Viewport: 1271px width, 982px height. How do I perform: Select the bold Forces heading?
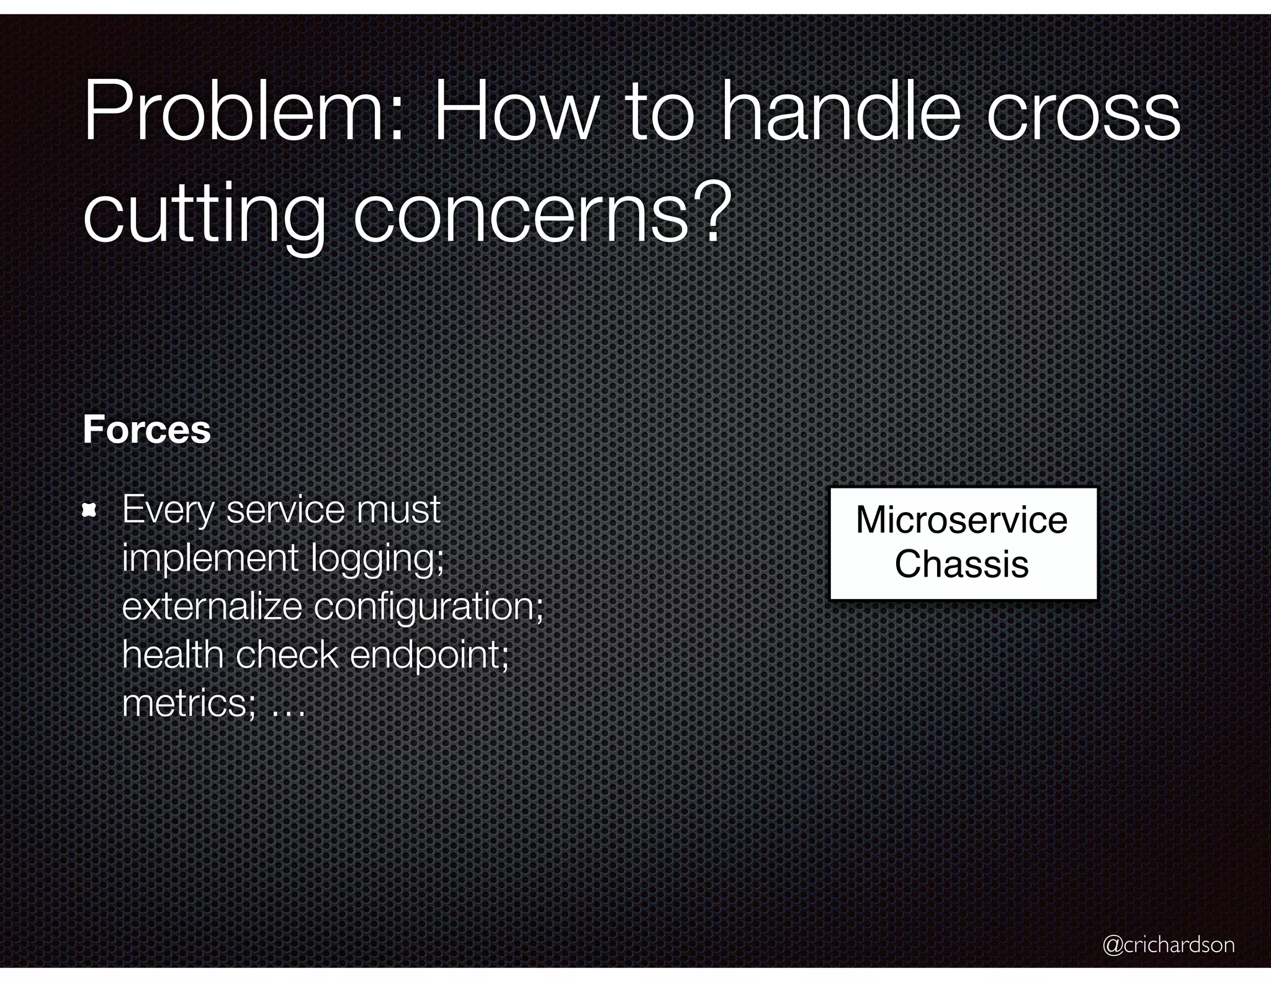pyautogui.click(x=146, y=430)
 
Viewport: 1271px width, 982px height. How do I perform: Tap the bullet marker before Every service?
pyautogui.click(x=90, y=511)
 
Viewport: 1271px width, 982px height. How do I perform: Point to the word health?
pyautogui.click(x=173, y=654)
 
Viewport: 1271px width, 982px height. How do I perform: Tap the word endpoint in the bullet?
pyautogui.click(x=429, y=655)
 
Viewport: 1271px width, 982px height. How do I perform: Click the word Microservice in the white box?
pyautogui.click(x=961, y=520)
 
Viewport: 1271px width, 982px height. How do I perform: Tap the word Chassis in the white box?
pyautogui.click(x=961, y=564)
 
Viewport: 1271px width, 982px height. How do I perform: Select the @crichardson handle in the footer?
pyautogui.click(x=1168, y=945)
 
